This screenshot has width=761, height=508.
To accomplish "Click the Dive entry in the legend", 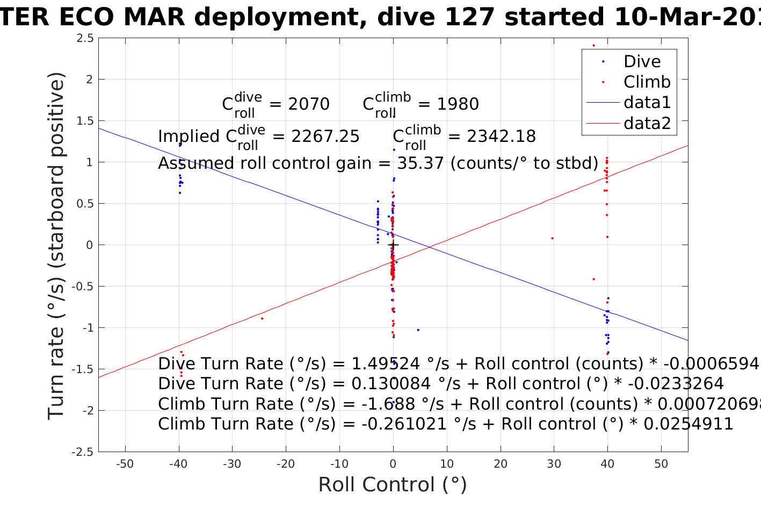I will click(642, 61).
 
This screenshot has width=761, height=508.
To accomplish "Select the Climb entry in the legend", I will click(647, 82).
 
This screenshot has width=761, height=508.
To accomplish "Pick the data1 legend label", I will click(647, 102).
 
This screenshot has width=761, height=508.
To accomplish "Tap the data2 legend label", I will click(647, 123).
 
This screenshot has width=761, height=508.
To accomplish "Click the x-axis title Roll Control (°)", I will click(393, 484).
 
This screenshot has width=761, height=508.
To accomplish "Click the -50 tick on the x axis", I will click(125, 464).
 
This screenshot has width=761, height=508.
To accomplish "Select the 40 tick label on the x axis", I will click(607, 464).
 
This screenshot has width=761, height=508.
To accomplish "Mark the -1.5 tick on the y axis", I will click(84, 369).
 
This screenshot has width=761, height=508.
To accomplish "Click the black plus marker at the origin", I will click(393, 245).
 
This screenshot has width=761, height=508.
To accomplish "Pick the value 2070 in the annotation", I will click(309, 104).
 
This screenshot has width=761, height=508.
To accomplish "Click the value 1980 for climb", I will click(458, 104).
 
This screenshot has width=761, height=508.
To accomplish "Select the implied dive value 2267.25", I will click(325, 137).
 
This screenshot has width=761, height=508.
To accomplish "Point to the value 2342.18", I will click(501, 137).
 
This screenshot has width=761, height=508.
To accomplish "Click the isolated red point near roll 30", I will click(552, 238).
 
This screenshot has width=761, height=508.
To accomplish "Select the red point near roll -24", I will click(262, 319).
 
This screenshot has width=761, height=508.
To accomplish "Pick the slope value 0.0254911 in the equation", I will click(688, 424).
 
